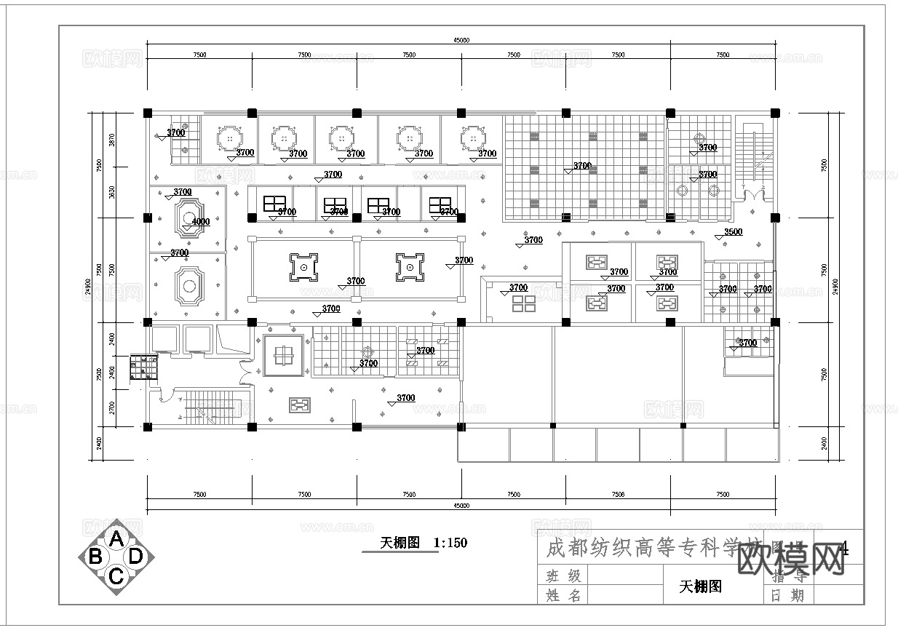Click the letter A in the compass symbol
coord(116,539)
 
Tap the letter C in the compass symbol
coord(116,576)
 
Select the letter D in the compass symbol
coord(135,557)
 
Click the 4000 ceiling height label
coord(200,222)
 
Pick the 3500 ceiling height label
coord(733,232)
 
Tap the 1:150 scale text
coord(450,542)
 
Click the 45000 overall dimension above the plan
coord(461,41)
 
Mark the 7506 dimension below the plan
coord(618,495)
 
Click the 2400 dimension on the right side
coord(824,442)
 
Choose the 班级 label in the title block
coord(564,576)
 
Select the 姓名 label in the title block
coord(564,596)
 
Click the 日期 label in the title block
coord(787,596)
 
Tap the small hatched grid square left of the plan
coord(143,368)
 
